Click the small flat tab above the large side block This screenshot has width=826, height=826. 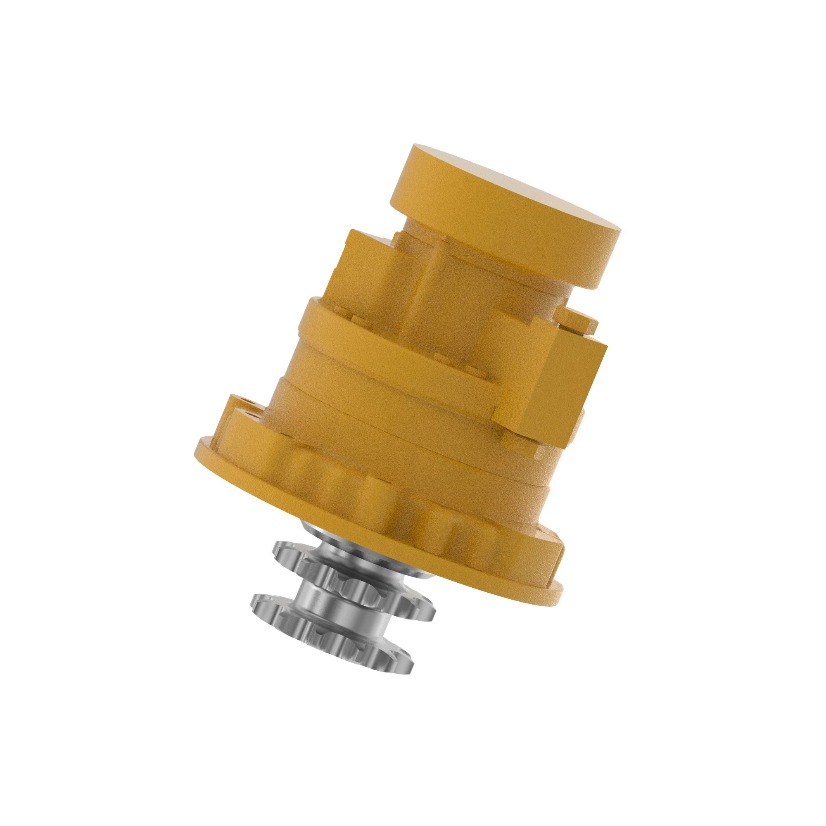tap(577, 318)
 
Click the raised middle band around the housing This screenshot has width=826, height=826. tap(385, 338)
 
